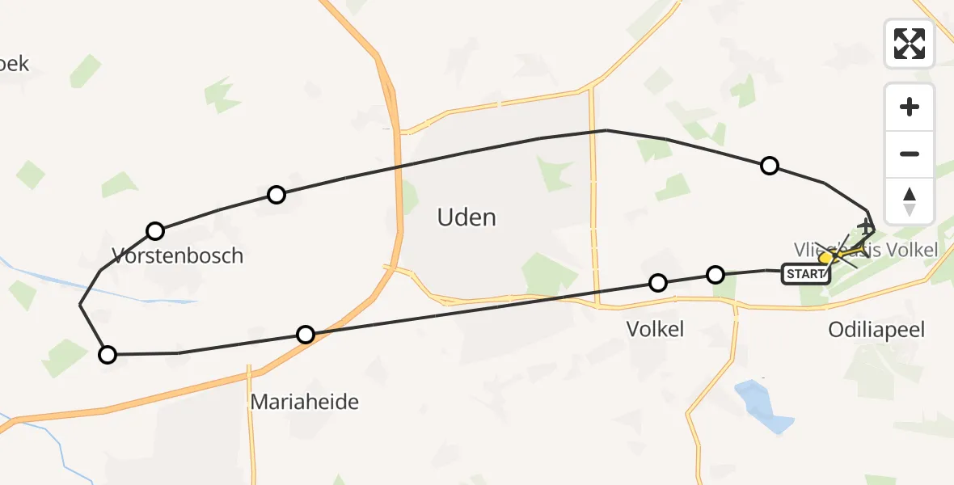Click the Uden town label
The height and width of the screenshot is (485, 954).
click(466, 217)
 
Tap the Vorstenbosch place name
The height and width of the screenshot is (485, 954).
click(177, 256)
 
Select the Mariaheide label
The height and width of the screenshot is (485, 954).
click(305, 402)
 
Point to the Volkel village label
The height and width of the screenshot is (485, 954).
click(656, 329)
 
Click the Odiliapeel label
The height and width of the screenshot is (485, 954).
click(876, 329)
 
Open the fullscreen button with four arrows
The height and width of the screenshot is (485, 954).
click(910, 44)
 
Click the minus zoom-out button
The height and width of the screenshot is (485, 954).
click(910, 154)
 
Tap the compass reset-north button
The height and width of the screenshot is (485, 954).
click(910, 200)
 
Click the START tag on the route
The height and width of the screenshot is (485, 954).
click(805, 274)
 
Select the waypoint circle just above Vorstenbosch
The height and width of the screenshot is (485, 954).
click(155, 231)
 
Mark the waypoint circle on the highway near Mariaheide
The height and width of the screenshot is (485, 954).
click(306, 335)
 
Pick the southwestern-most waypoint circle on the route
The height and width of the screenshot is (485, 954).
click(108, 354)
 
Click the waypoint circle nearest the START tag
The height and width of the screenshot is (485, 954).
click(715, 275)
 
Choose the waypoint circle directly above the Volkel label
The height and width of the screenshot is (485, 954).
click(658, 282)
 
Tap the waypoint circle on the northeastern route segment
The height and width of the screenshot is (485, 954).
click(770, 166)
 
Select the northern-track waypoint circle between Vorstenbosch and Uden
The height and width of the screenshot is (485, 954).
click(276, 195)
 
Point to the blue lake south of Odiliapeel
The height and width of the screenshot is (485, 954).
click(763, 407)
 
